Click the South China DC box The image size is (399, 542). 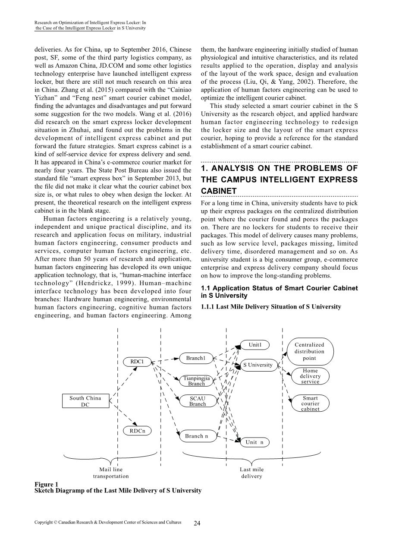(85, 401)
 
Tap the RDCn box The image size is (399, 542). (137, 431)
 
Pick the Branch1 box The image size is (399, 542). (195, 358)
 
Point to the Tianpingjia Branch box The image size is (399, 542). (197, 381)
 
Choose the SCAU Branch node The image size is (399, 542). (198, 401)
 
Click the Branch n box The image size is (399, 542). (197, 436)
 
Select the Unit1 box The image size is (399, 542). (254, 345)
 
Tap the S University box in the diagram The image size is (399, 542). (258, 365)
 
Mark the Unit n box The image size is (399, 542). (254, 442)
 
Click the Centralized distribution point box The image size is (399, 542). (309, 351)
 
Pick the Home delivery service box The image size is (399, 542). (310, 376)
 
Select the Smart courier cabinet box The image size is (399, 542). (310, 403)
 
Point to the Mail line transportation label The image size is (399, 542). (111, 473)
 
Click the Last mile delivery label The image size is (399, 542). (251, 473)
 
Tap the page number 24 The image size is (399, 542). (197, 523)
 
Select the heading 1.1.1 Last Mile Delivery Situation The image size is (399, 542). (271, 307)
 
